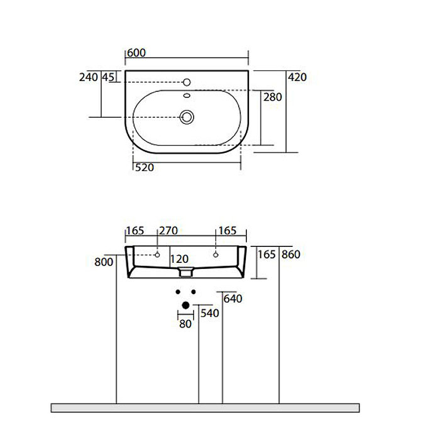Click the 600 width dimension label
click(136, 53)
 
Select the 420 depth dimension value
click(297, 77)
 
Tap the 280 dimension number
click(273, 97)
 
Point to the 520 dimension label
click(144, 168)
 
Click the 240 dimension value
click(88, 77)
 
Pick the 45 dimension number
click(108, 77)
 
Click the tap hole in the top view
click(187, 82)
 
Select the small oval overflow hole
click(187, 95)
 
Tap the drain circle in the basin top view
click(187, 117)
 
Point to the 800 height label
click(103, 262)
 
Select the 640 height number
click(233, 299)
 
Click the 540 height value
click(210, 313)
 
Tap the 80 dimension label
click(185, 324)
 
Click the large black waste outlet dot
click(185, 305)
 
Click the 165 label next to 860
click(266, 255)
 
